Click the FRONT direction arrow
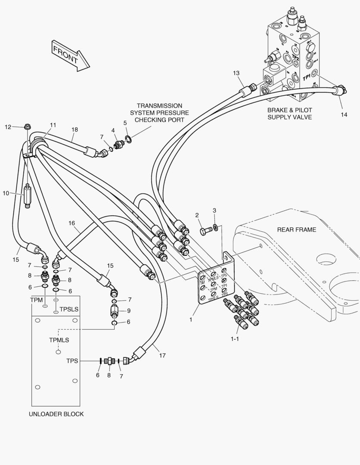point(70,55)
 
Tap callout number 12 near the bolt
point(8,127)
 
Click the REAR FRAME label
point(296,229)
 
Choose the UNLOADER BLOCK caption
point(56,414)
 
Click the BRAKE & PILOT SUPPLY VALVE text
point(289,113)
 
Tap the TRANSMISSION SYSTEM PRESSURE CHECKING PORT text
point(159,112)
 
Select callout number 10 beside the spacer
point(6,193)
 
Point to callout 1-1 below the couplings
point(235,339)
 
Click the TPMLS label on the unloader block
point(59,340)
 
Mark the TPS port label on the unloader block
point(72,361)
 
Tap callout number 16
point(71,223)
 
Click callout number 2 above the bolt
point(197,215)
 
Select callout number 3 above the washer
point(214,211)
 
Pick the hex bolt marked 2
point(205,231)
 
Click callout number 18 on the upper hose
point(74,129)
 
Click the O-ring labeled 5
point(128,139)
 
